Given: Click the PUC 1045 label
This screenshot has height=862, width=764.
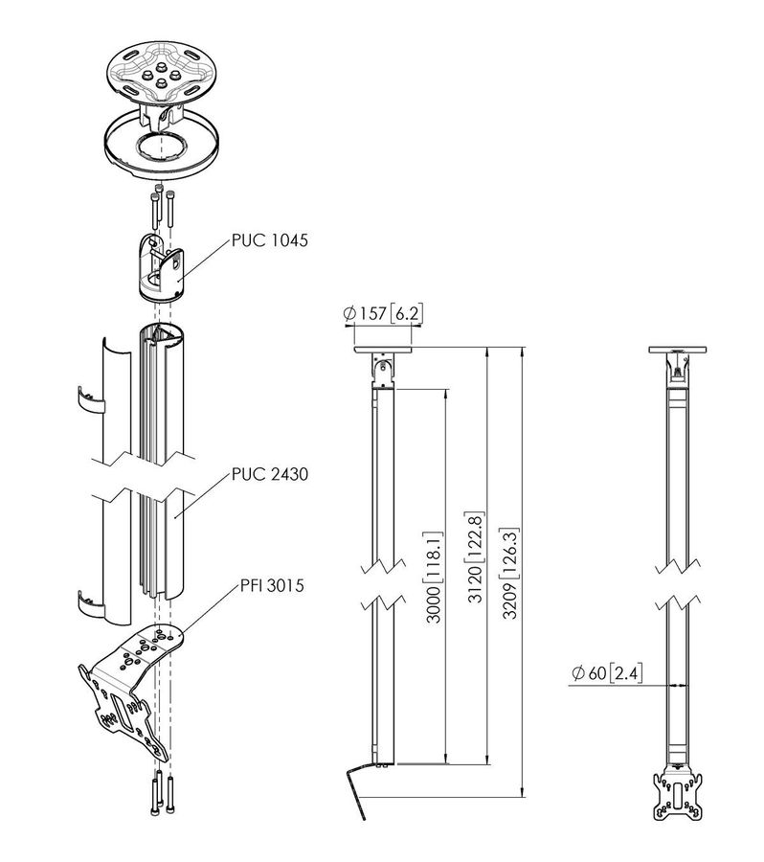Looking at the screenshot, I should click(269, 242).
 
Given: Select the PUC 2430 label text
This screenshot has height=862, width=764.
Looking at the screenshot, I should click(269, 475).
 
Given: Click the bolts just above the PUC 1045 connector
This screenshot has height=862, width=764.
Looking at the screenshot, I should click(162, 205).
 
